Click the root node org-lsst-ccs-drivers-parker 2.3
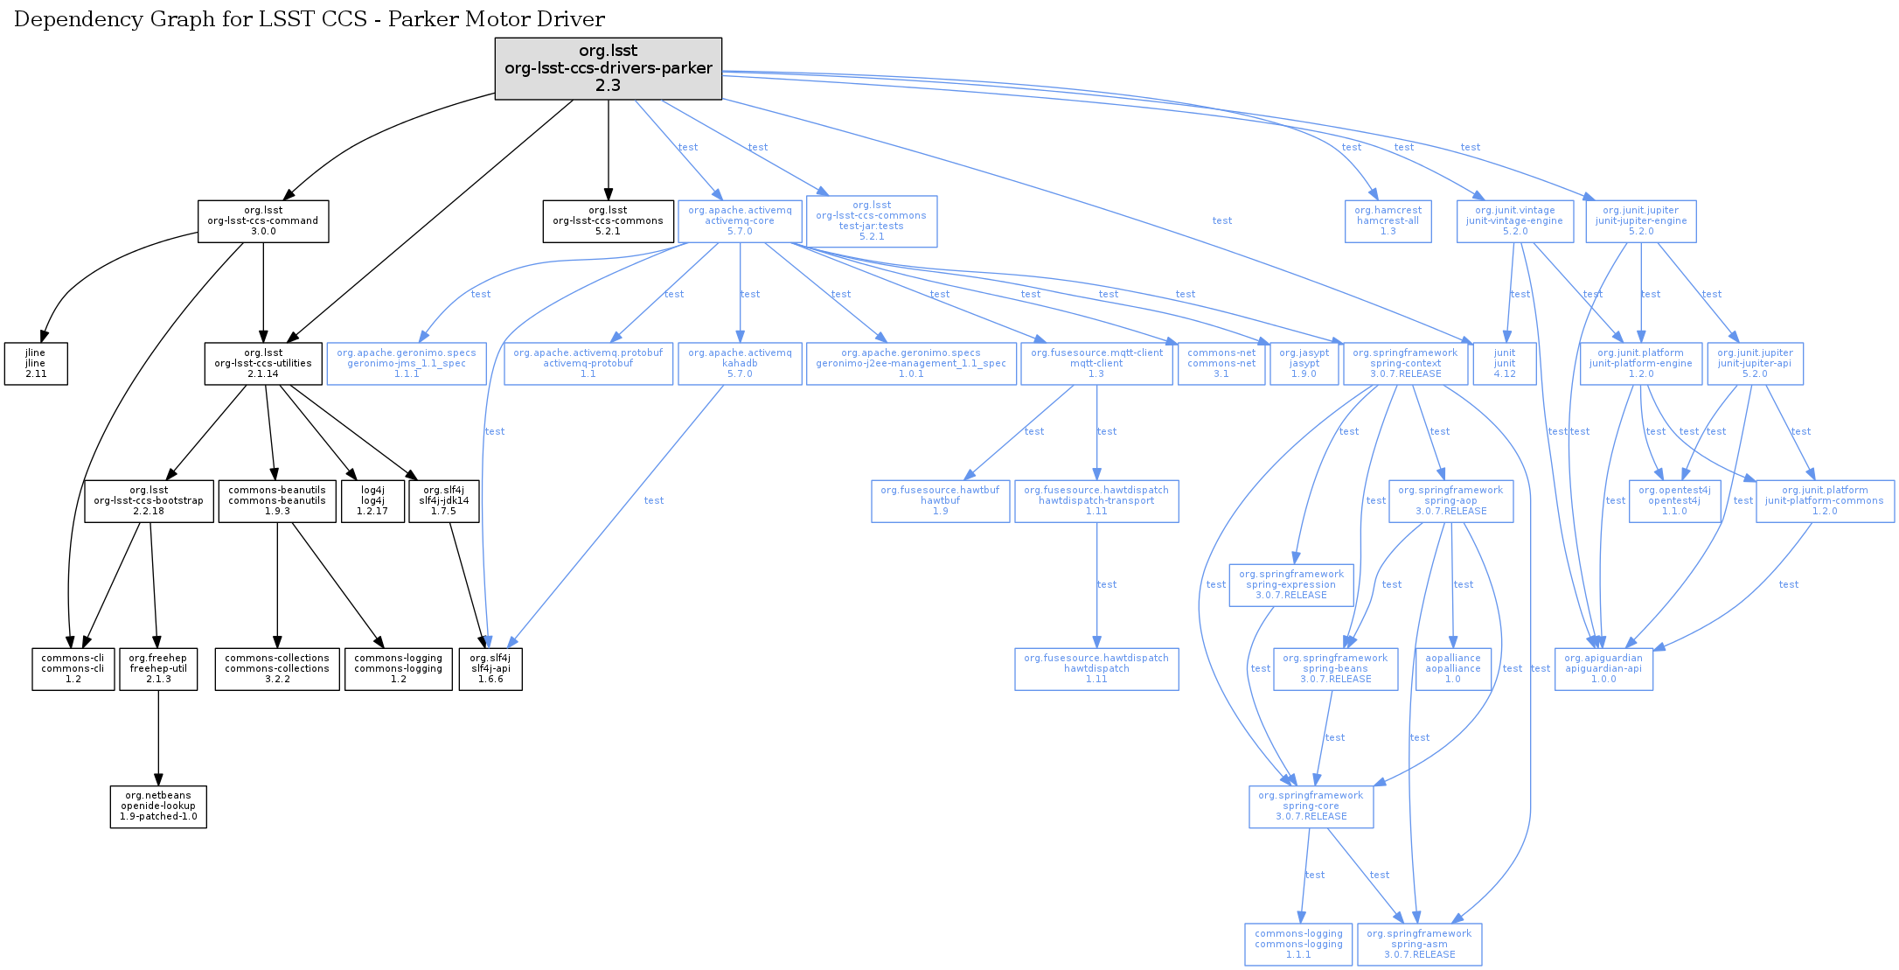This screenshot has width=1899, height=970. coord(608,68)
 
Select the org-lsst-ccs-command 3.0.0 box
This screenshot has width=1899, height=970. coord(263,221)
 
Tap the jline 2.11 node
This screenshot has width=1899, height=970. coord(36,364)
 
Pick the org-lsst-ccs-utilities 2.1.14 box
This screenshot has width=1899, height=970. coord(263,364)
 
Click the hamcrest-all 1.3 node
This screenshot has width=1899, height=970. coord(1388,221)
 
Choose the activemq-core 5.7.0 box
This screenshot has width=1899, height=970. coord(740,221)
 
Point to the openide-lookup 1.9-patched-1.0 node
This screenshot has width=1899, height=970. coord(158,806)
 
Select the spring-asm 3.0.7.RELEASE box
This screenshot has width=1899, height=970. coord(1419,945)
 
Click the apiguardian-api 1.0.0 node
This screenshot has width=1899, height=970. coord(1603,669)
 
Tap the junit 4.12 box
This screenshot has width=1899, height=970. coord(1504,364)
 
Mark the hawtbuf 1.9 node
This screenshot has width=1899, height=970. coord(940,501)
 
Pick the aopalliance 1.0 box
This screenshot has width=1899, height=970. coord(1452,669)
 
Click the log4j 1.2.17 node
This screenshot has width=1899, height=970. coord(372,501)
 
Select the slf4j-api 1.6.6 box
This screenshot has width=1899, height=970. coord(490,669)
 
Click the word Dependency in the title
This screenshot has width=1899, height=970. coord(71,19)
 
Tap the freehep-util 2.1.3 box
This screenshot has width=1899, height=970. coord(158,669)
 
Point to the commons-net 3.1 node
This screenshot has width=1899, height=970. coord(1221,364)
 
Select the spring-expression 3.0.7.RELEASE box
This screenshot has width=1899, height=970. coord(1291,585)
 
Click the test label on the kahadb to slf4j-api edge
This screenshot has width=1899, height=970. coord(654,500)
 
